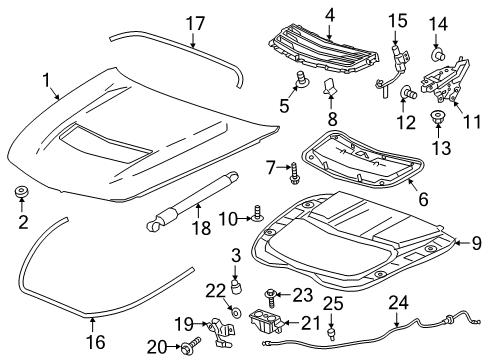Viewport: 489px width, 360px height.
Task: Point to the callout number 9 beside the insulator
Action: click(x=475, y=241)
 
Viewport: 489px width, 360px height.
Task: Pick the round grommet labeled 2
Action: click(x=21, y=190)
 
